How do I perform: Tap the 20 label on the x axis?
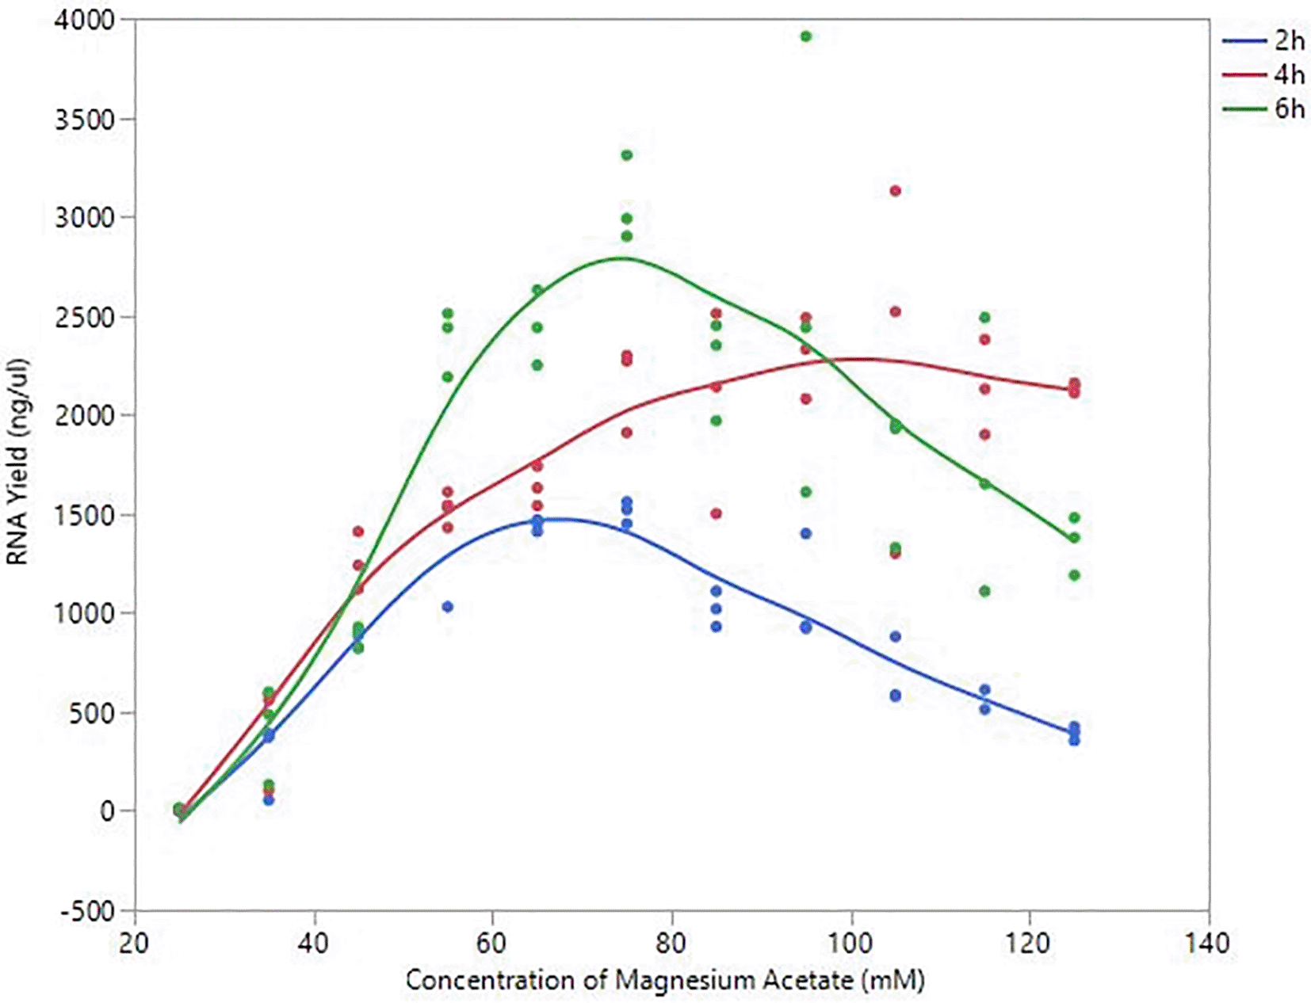pyautogui.click(x=136, y=943)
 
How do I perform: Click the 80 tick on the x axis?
pyautogui.click(x=672, y=943)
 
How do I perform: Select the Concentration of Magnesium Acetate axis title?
pyautogui.click(x=664, y=981)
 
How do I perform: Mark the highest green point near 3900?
pyautogui.click(x=806, y=36)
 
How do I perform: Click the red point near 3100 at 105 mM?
pyautogui.click(x=896, y=191)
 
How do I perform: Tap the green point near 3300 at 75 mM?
pyautogui.click(x=627, y=155)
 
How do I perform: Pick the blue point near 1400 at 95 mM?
pyautogui.click(x=806, y=534)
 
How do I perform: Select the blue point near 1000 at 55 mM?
pyautogui.click(x=448, y=607)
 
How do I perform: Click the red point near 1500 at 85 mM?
pyautogui.click(x=717, y=514)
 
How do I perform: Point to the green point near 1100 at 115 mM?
pyautogui.click(x=985, y=591)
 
